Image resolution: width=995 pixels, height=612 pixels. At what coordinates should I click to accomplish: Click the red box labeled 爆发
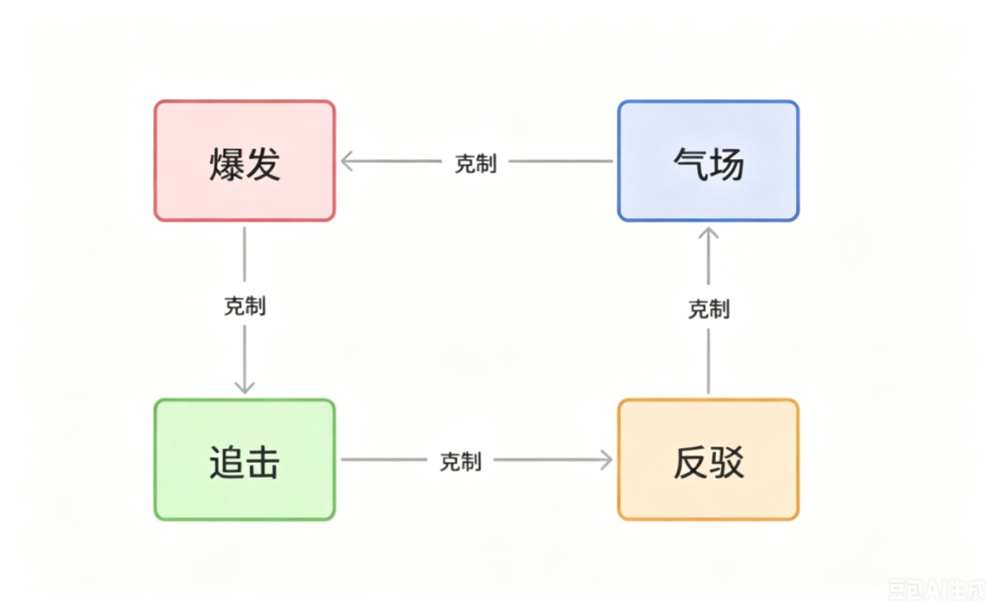tap(244, 160)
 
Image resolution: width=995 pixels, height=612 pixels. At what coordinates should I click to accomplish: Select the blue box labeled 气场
tap(708, 160)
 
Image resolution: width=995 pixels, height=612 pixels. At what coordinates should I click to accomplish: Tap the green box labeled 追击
tap(244, 460)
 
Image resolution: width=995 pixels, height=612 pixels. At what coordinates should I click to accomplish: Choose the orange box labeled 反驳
tap(708, 460)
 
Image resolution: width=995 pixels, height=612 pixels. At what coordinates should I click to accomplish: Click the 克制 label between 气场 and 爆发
tap(475, 164)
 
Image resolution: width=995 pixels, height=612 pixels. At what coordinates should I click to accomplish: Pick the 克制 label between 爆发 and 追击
tap(245, 306)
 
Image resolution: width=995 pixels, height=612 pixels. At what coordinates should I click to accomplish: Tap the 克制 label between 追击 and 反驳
tap(461, 461)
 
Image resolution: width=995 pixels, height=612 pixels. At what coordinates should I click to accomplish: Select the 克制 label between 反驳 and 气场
tap(708, 309)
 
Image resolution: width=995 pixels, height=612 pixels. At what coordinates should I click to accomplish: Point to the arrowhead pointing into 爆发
tap(346, 161)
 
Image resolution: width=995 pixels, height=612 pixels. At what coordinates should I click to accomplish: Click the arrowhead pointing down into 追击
tap(244, 387)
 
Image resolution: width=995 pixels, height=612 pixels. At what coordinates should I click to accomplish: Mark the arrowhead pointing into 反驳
tap(606, 460)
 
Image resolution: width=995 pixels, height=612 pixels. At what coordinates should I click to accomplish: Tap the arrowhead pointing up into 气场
tap(708, 234)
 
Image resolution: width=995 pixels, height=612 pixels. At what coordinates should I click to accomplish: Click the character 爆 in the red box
tap(227, 164)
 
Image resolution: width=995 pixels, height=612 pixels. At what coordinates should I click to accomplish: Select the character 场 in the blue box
tap(727, 164)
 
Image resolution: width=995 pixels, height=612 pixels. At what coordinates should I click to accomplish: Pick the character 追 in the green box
tap(227, 462)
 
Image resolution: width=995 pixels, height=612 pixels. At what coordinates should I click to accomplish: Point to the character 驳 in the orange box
tap(727, 462)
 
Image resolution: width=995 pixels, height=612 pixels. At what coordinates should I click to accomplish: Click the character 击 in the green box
tap(263, 462)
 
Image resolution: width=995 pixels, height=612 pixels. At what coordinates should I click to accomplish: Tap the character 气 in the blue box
tap(690, 164)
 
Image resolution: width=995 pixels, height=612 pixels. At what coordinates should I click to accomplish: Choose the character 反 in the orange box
tap(690, 462)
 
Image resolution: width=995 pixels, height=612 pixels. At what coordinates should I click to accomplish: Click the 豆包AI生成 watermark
tap(936, 589)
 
